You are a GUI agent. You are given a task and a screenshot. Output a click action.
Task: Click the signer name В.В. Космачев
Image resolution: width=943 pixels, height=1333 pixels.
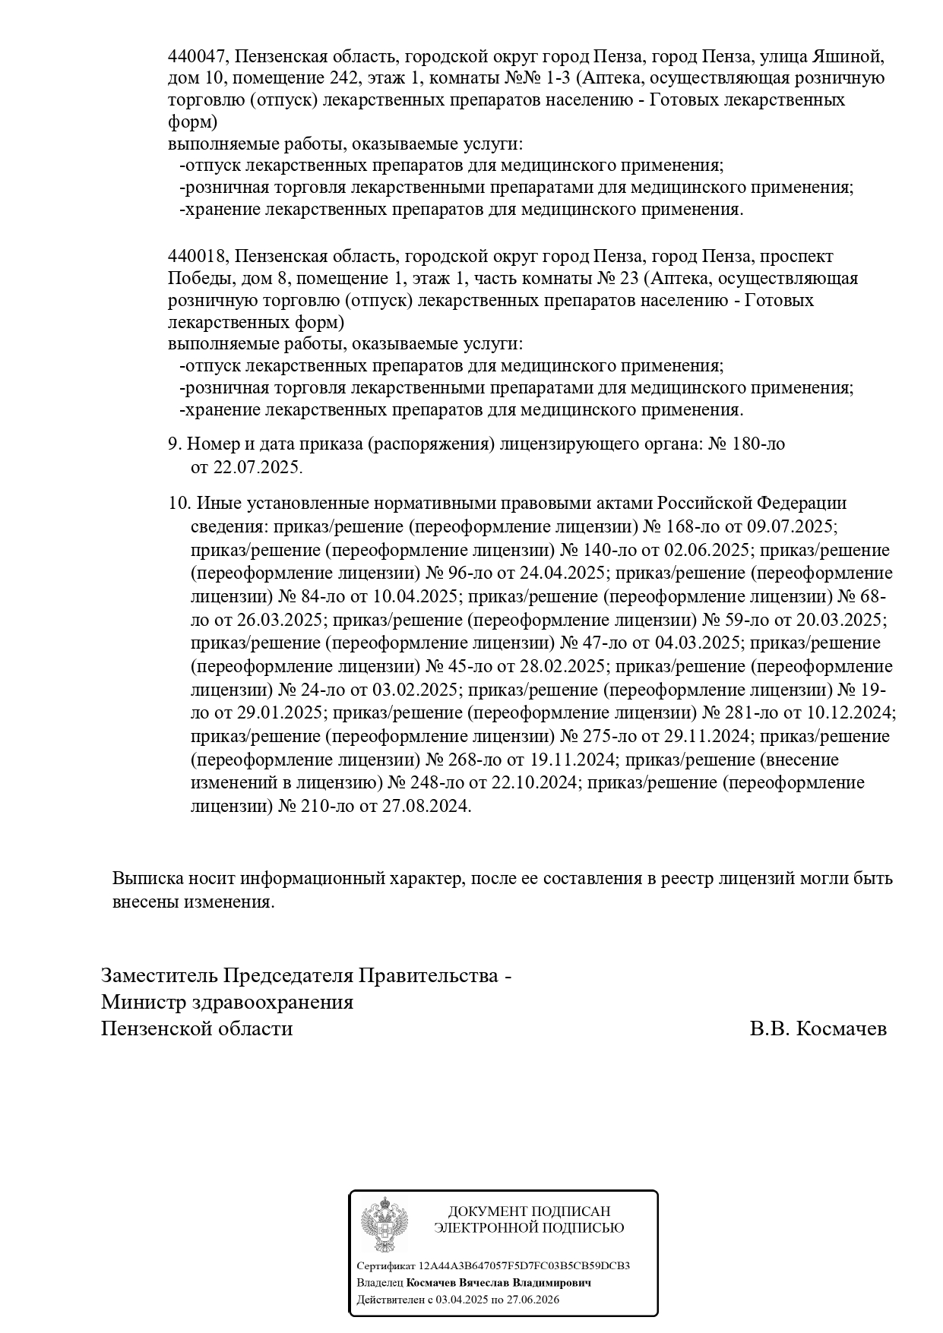[818, 1029]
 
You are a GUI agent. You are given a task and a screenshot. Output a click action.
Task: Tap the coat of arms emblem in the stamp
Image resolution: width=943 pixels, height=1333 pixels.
[384, 1224]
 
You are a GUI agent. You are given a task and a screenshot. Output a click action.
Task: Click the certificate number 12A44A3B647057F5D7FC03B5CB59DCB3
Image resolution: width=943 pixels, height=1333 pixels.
[524, 1265]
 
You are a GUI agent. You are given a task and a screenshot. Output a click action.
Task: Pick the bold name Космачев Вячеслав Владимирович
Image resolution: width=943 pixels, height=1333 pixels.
[498, 1282]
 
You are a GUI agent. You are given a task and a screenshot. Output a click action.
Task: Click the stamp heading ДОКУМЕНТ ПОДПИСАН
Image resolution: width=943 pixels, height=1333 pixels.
[529, 1211]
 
